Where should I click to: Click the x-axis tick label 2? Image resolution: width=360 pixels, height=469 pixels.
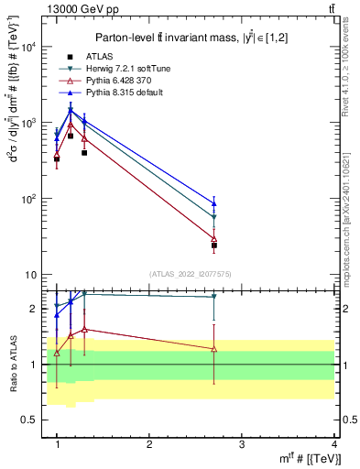point(149,444)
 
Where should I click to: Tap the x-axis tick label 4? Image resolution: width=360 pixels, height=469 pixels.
point(334,444)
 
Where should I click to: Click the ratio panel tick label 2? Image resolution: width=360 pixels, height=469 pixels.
point(37,310)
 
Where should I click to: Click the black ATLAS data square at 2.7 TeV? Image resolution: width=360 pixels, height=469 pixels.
point(214,245)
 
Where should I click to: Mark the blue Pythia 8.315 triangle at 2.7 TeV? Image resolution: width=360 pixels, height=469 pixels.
point(214,203)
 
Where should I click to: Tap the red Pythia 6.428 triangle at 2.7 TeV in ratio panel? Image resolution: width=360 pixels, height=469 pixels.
point(214,349)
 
